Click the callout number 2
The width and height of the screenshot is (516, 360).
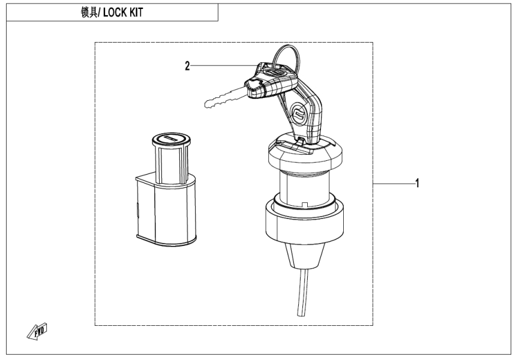point(187,65)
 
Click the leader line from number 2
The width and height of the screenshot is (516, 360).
point(222,65)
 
